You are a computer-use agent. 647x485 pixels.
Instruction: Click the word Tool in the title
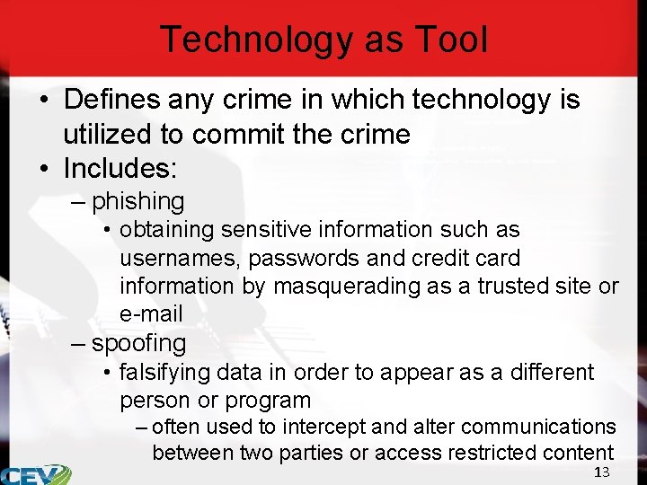(x=453, y=40)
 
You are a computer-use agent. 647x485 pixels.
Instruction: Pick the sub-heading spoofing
(x=139, y=342)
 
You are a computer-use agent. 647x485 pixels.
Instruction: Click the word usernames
(x=181, y=259)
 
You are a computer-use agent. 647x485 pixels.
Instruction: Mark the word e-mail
(x=151, y=314)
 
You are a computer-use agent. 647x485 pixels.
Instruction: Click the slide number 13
(x=601, y=472)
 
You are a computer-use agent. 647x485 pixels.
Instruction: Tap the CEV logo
(x=34, y=473)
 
